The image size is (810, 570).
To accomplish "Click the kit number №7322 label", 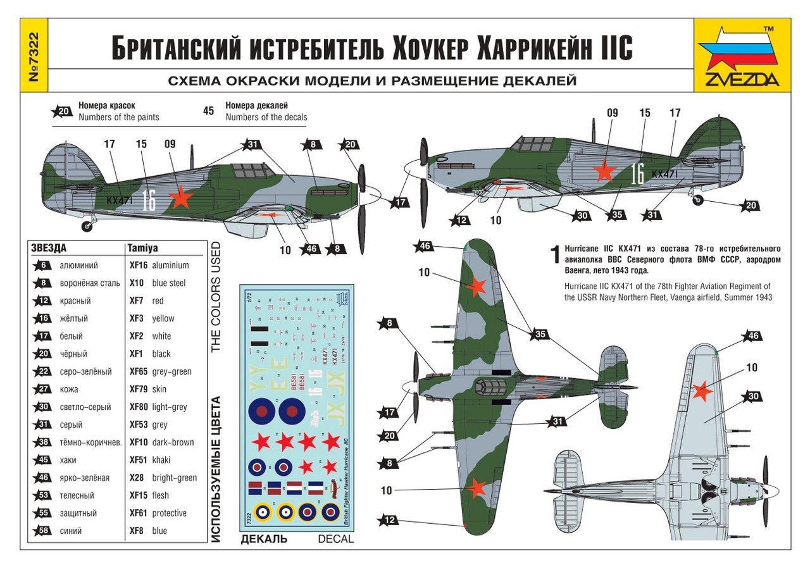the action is pos(34,56).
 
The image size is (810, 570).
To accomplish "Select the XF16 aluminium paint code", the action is pos(138,266).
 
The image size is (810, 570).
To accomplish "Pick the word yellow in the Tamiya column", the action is pos(163,319).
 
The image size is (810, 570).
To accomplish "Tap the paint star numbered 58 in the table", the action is pos(43,531).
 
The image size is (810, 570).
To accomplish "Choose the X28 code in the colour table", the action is pos(137,478).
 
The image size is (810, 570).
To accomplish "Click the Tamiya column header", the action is pos(142,249).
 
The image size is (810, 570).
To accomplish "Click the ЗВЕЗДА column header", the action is pos(49,249).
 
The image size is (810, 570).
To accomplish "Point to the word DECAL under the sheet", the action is pos(335,539).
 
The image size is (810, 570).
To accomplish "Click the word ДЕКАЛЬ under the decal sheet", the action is pos(264,539).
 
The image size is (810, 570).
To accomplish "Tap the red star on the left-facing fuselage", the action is pos(182,198).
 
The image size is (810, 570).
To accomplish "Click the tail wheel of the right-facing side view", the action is pos(697,199).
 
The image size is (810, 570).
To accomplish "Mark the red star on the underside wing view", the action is pos(702,392).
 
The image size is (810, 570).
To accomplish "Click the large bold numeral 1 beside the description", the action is pos(555,254).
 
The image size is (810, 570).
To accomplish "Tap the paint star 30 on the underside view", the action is pos(753,397).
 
